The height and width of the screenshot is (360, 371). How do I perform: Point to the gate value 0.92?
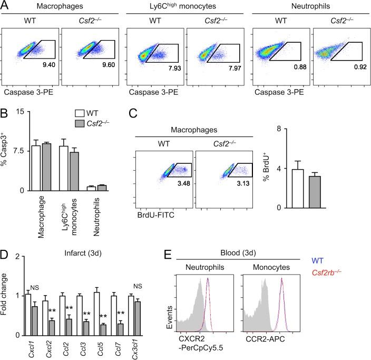pyautogui.click(x=356, y=66)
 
